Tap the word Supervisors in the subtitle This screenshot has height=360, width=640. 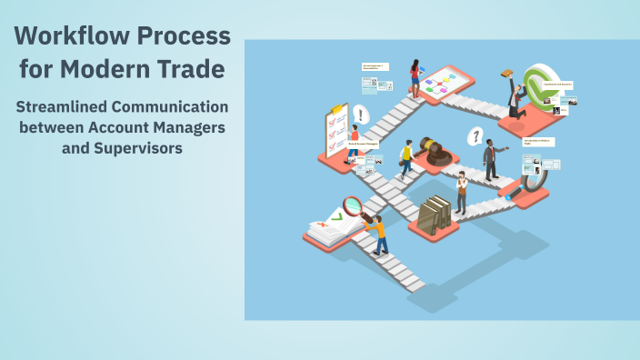tap(136, 146)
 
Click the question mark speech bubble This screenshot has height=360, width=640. tap(474, 137)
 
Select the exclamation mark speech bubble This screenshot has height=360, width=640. tap(361, 115)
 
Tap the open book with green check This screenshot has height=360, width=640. tap(326, 228)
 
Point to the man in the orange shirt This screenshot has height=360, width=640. tap(376, 233)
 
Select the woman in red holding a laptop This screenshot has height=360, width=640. tap(415, 77)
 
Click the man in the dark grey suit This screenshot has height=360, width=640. tap(492, 160)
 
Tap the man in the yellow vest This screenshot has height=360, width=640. tap(406, 158)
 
